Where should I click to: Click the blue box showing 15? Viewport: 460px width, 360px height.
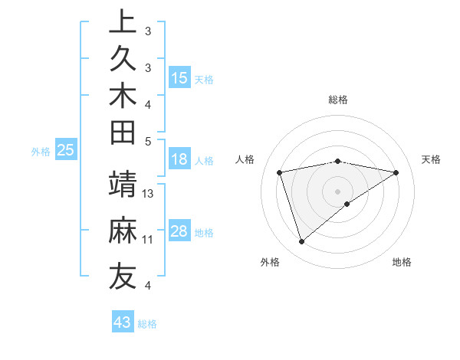[179, 78]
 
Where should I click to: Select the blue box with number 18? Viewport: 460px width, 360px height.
[179, 160]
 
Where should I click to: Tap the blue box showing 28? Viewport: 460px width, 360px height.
[179, 231]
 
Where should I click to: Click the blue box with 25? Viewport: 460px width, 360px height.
[66, 151]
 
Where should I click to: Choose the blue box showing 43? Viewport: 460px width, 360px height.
[123, 322]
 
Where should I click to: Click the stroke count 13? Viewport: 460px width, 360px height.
[149, 194]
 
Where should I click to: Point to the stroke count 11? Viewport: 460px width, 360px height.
[148, 240]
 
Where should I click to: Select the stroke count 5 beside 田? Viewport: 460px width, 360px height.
[148, 141]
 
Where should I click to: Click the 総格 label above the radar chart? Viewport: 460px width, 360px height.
[337, 100]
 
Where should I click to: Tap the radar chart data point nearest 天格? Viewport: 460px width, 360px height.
[396, 172]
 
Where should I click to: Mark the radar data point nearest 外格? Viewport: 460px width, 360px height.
[302, 242]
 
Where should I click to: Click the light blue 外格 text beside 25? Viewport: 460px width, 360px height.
[41, 152]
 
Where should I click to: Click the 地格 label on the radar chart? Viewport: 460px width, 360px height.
[402, 262]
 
